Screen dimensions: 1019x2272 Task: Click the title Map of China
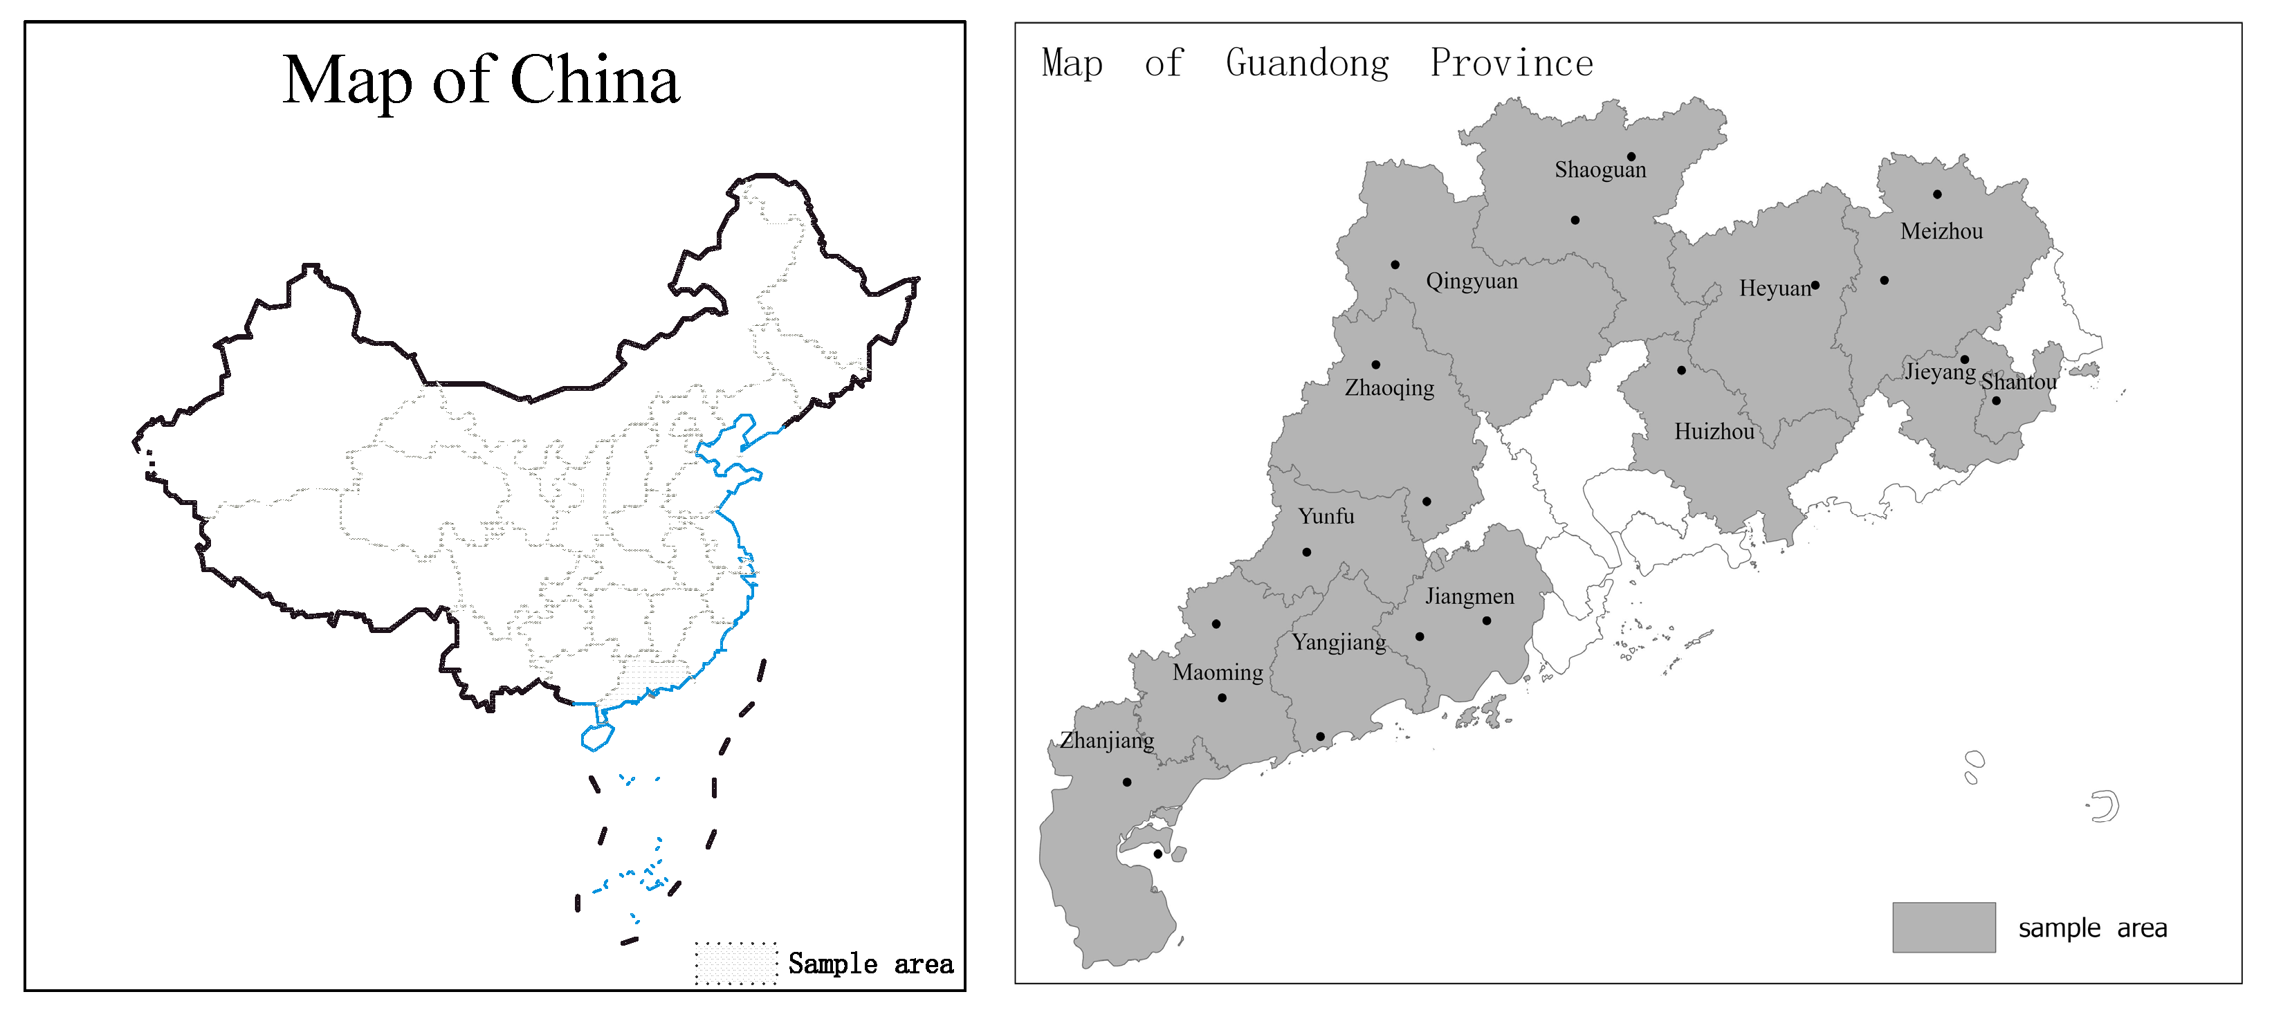[481, 81]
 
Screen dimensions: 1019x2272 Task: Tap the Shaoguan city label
[1600, 170]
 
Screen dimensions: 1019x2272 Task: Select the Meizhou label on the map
[1941, 232]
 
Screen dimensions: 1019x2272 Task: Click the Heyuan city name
[1774, 288]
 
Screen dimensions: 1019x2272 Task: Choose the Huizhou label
[1714, 432]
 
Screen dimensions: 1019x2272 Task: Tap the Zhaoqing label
[1389, 388]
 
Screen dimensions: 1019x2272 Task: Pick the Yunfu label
[1326, 516]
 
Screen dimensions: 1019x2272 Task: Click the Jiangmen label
[1469, 596]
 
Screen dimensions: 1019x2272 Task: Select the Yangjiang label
[1338, 642]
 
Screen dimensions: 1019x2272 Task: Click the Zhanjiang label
[1106, 740]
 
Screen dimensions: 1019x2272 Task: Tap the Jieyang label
[1939, 371]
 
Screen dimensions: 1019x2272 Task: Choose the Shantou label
[2018, 382]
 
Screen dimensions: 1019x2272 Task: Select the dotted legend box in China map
[735, 962]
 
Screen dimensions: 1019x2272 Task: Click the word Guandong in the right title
[1306, 64]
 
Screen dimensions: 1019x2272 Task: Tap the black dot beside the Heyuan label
[1815, 285]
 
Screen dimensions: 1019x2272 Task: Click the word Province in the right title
[1511, 64]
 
